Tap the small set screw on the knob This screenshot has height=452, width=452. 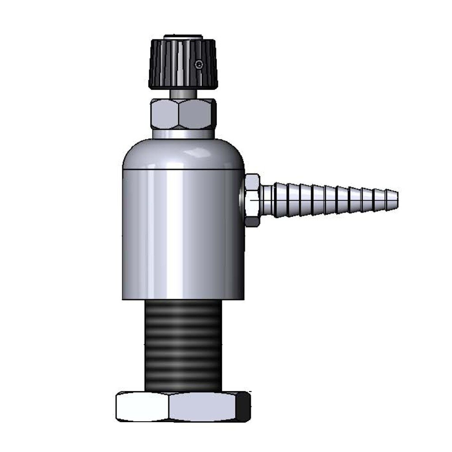(x=198, y=65)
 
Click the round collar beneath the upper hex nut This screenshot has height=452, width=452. (x=183, y=134)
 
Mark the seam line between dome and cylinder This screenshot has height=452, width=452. (x=183, y=170)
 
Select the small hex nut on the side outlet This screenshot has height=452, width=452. (x=252, y=200)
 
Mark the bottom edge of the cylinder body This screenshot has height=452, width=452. (x=183, y=298)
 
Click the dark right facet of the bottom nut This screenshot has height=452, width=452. (x=243, y=406)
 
